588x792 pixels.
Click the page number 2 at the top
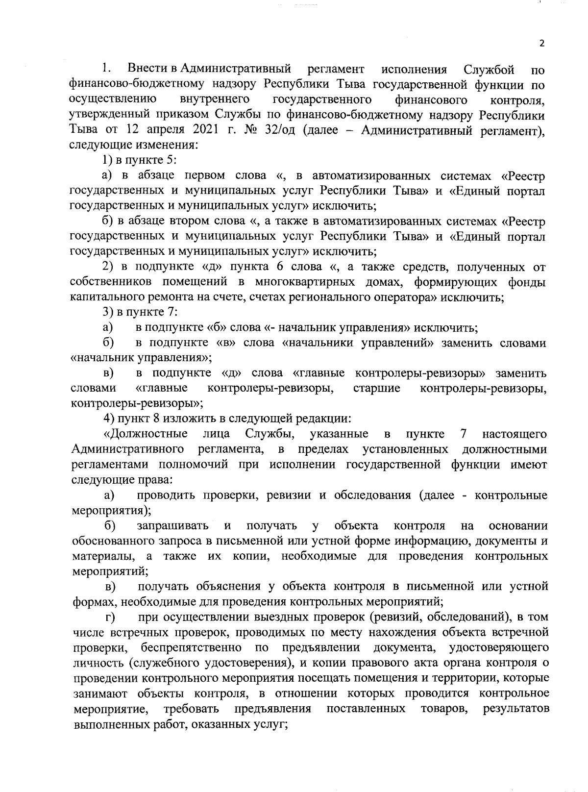[541, 43]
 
